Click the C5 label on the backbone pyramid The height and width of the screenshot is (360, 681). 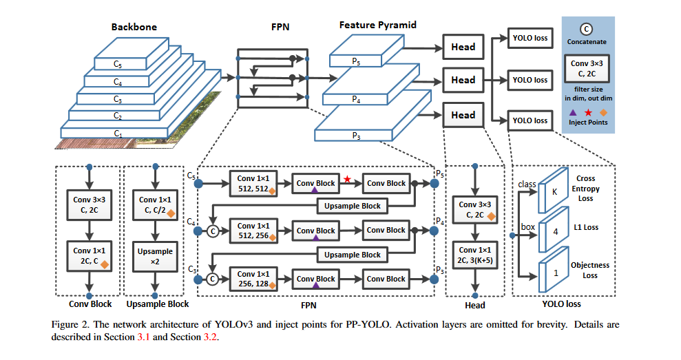tap(118, 64)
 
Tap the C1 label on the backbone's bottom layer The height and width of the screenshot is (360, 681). tap(118, 133)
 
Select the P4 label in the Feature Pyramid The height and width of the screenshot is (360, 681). tap(355, 100)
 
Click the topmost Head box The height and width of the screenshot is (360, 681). tap(463, 47)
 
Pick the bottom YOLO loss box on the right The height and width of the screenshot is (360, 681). tap(530, 120)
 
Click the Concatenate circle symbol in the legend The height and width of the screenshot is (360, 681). tap(585, 29)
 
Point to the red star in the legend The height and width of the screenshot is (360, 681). tap(587, 111)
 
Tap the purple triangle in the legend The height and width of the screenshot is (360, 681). tap(572, 111)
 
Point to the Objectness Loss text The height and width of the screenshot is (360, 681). tap(587, 270)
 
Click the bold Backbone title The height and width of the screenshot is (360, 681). tap(134, 28)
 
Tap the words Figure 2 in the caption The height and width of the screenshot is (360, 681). tap(72, 324)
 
